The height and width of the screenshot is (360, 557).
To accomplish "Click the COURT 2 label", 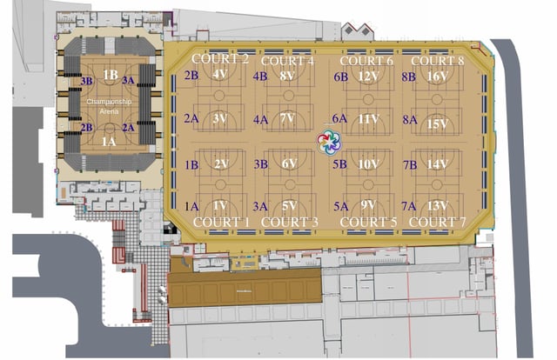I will tap(220, 59).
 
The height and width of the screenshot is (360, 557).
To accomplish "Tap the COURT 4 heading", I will tap(287, 60).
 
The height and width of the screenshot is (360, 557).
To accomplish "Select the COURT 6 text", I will tap(366, 61).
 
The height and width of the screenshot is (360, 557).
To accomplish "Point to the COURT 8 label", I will tap(437, 61).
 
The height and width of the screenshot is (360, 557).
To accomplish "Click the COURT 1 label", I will tap(221, 223).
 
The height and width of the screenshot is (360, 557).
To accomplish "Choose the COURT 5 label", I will tap(368, 223).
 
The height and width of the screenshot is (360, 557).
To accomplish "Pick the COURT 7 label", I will tap(438, 223).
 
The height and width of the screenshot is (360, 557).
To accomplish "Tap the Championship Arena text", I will tap(109, 107).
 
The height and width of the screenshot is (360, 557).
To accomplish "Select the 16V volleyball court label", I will tap(438, 76).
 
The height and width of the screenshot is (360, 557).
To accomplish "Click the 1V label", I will tap(220, 206).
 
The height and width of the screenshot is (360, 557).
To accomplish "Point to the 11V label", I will tap(368, 118).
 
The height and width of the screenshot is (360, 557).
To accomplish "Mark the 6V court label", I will tap(290, 163).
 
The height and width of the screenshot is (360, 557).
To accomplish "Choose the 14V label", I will tap(438, 163).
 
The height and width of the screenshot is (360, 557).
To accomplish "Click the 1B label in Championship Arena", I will tap(110, 75).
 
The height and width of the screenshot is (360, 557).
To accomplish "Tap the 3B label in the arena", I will tap(86, 81).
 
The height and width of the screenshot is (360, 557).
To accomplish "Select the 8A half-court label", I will tap(409, 119).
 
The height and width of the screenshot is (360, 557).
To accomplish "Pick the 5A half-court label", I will tap(340, 206).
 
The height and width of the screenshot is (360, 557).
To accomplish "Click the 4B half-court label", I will tap(260, 77).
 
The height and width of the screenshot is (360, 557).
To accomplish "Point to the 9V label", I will tap(368, 206).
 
